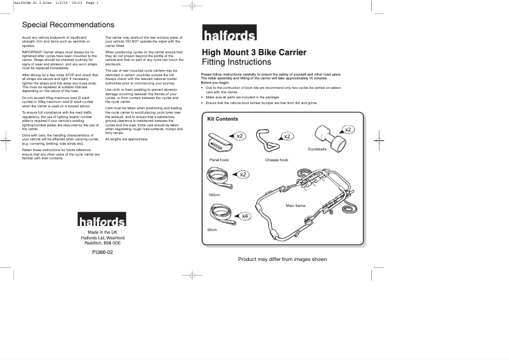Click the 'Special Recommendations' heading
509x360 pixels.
click(69, 25)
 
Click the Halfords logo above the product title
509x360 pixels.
click(229, 34)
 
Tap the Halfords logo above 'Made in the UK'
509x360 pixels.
click(102, 220)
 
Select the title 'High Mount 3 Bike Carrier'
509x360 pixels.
click(254, 52)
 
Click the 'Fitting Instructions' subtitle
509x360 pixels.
click(236, 63)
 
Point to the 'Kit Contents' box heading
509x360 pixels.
click(223, 119)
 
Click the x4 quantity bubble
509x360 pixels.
click(245, 217)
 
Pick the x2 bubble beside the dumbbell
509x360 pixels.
click(348, 130)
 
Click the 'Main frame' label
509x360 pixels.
click(295, 206)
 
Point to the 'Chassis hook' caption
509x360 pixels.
click(276, 160)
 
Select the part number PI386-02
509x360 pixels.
click(102, 252)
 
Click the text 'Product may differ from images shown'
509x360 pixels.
click(282, 259)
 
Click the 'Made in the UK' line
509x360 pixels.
click(102, 232)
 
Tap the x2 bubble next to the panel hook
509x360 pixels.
click(239, 137)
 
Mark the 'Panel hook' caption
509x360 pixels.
click(219, 160)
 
